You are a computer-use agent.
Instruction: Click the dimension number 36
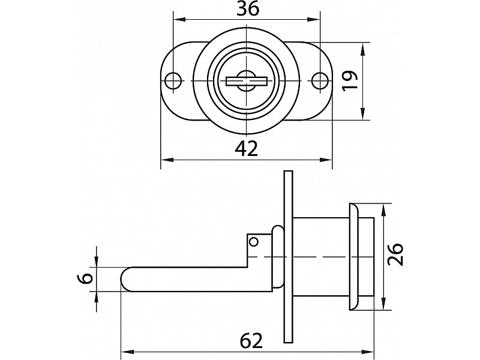[x=248, y=8]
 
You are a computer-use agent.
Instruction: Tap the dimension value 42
[x=247, y=149]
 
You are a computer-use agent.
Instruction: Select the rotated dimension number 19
[x=350, y=80]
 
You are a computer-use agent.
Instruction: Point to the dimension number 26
[x=395, y=254]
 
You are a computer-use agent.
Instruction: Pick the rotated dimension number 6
[x=87, y=278]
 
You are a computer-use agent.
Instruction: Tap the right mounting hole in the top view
[x=319, y=80]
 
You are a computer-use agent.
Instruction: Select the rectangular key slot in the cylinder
[x=247, y=82]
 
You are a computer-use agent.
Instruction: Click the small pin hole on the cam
[x=254, y=242]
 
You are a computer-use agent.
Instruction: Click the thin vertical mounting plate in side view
[x=288, y=257]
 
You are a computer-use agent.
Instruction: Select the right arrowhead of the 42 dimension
[x=325, y=160]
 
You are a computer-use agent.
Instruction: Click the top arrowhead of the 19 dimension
[x=363, y=49]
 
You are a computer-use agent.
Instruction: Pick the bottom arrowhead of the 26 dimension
[x=383, y=303]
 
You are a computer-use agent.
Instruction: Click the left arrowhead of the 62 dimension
[x=128, y=351]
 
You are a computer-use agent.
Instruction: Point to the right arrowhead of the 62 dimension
[x=367, y=351]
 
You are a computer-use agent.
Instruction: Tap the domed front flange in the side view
[x=353, y=256]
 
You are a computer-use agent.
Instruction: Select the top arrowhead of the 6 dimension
[x=97, y=260]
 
